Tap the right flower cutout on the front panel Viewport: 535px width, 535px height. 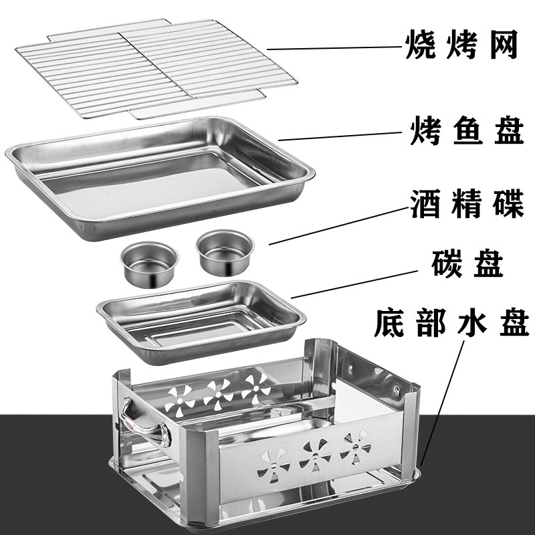tap(354, 444)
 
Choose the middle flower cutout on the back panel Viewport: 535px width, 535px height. tap(217, 393)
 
